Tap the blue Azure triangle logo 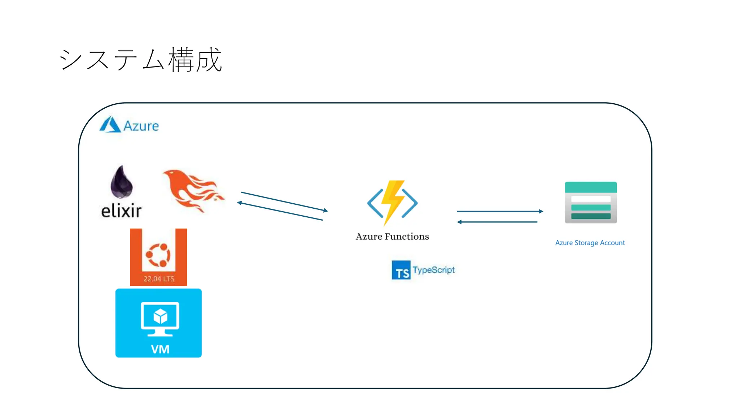(110, 125)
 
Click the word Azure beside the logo (141, 126)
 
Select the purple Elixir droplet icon (122, 182)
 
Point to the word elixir (121, 211)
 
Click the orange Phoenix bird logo (193, 190)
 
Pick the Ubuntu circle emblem (158, 255)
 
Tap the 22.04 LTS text (159, 279)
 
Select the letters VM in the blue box (160, 349)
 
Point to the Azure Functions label (392, 237)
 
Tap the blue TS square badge (401, 270)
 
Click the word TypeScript (434, 270)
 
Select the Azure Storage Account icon (591, 203)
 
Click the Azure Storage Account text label (590, 243)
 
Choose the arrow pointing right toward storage (500, 211)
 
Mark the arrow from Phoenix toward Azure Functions (284, 201)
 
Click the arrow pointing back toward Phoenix (280, 211)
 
